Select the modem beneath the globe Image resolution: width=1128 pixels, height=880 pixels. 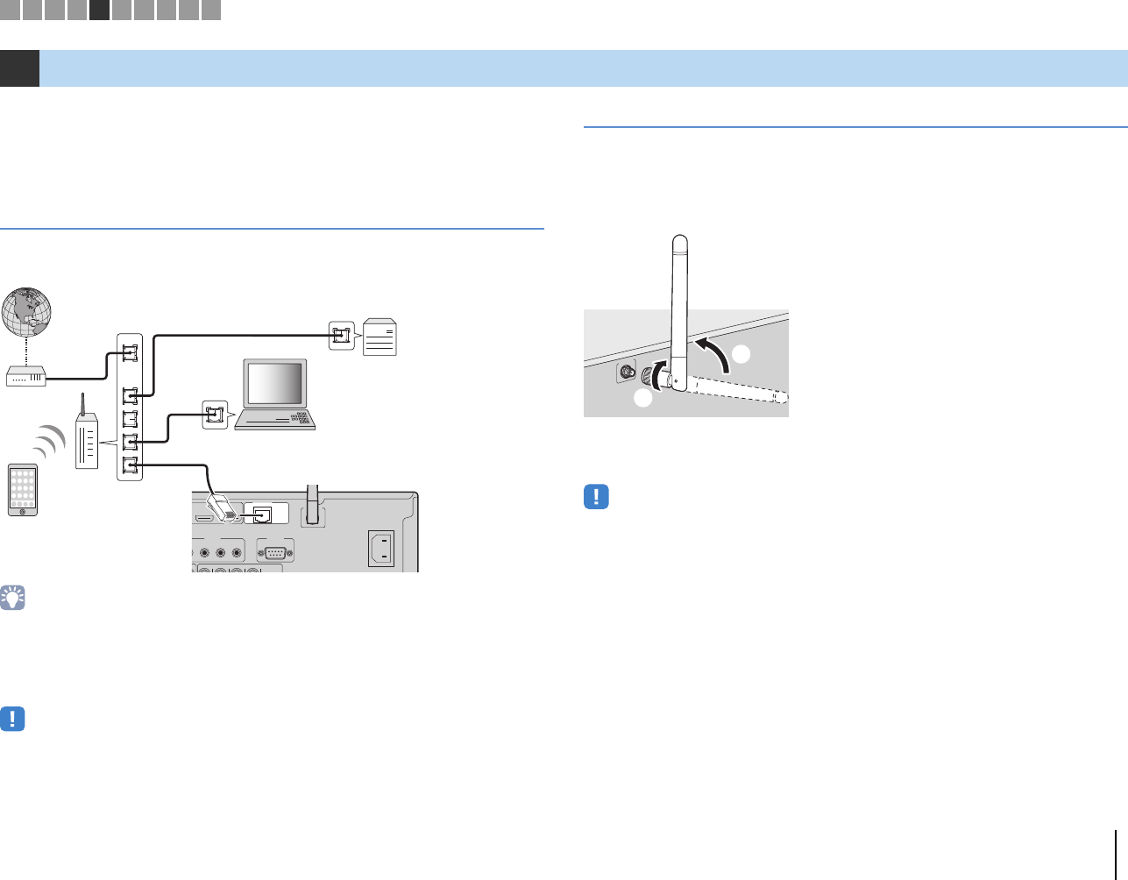pyautogui.click(x=26, y=378)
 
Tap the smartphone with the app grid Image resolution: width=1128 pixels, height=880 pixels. pyautogui.click(x=24, y=489)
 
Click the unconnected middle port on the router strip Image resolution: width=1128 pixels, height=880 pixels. pyautogui.click(x=130, y=419)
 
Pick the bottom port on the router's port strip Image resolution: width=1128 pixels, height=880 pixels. pyautogui.click(x=130, y=465)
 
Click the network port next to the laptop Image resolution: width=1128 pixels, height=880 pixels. pyautogui.click(x=215, y=415)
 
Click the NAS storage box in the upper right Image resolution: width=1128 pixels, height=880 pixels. pyautogui.click(x=380, y=336)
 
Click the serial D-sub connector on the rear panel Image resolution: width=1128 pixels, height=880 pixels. pyautogui.click(x=275, y=552)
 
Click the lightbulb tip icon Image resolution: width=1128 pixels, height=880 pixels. pyautogui.click(x=13, y=598)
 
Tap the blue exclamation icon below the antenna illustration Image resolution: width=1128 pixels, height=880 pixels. pyautogui.click(x=596, y=497)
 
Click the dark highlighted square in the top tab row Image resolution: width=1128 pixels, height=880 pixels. pyautogui.click(x=99, y=10)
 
